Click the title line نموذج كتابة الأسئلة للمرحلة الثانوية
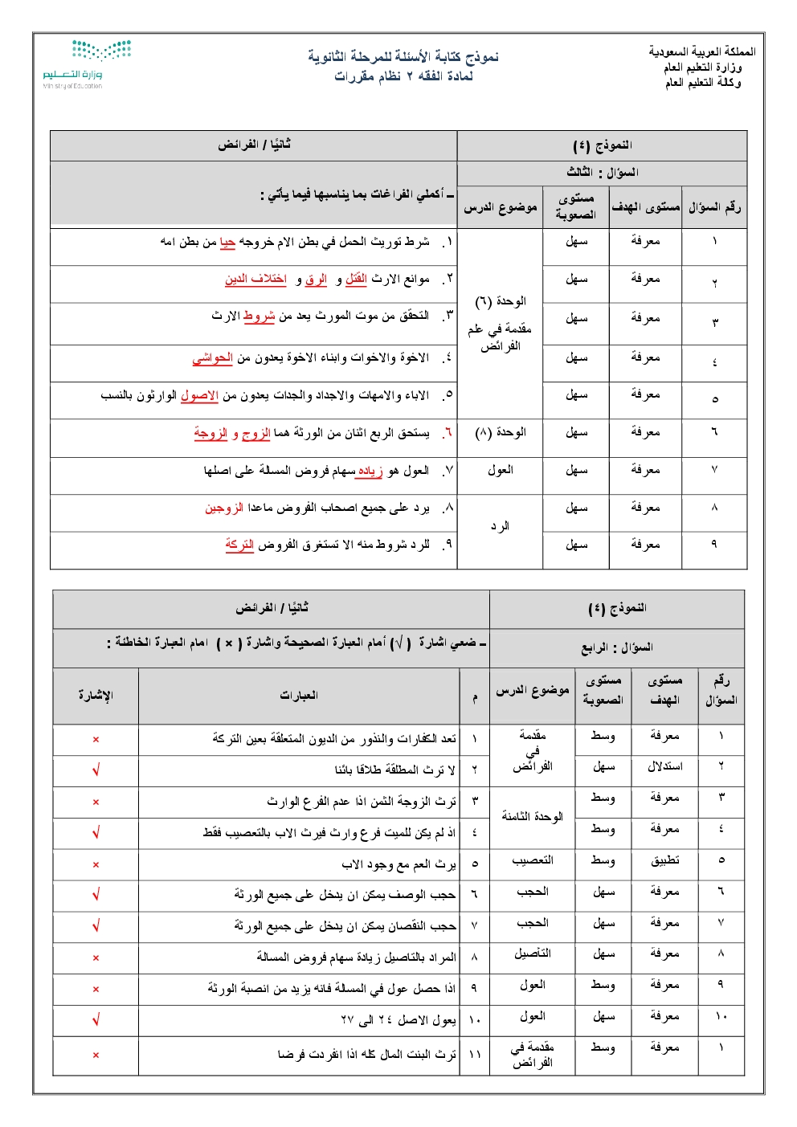pos(403,57)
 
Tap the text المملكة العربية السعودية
pos(701,51)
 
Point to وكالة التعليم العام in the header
pos(702,82)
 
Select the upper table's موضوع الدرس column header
pos(500,207)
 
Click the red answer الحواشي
pos(212,357)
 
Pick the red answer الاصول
pos(199,395)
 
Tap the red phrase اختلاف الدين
pos(255,279)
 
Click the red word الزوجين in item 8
pos(224,508)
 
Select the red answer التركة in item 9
pos(239,545)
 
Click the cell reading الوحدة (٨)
pos(500,432)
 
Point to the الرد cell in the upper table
pos(500,526)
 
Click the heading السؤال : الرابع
pos(617,647)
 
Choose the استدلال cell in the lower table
pos(664,766)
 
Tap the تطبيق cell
pos(664,860)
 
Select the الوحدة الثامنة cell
pos(532,816)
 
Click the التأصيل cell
pos(532,953)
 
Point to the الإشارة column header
pos(96,695)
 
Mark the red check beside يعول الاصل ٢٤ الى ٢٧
pos(96,1020)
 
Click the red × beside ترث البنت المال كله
pos(96,1055)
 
